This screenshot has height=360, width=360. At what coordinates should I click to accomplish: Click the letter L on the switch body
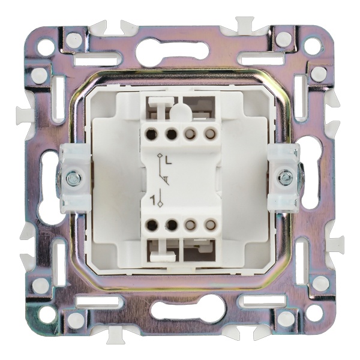click(168, 161)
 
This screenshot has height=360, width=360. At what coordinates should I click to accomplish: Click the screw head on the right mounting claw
click(285, 177)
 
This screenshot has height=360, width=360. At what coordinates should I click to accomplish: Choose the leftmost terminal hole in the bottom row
click(152, 225)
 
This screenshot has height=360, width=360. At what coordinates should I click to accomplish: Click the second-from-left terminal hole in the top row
click(172, 134)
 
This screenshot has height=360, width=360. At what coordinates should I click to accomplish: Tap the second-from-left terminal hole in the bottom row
click(172, 225)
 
